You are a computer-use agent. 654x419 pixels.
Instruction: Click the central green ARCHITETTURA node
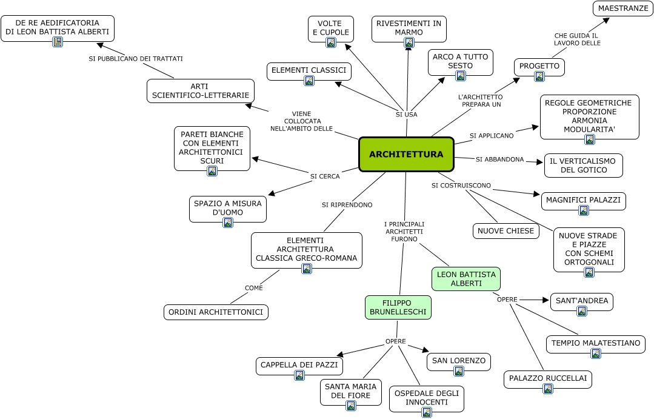click(x=406, y=154)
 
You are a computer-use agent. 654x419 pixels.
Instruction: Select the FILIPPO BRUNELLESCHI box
click(x=398, y=307)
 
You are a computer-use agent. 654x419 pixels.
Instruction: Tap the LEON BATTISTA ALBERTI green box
click(x=466, y=278)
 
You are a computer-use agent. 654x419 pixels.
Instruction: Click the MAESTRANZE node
click(x=622, y=8)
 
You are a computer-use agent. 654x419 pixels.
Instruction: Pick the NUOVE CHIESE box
click(x=506, y=231)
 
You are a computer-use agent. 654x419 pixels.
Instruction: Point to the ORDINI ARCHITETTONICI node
click(x=216, y=312)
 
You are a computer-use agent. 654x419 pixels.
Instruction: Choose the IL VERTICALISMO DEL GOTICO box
click(x=583, y=165)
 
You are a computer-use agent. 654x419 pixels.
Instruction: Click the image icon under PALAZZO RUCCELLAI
click(x=548, y=389)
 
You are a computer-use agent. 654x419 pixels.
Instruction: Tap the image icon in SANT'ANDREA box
click(x=582, y=311)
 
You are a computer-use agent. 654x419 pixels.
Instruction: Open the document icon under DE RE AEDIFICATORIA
click(x=58, y=42)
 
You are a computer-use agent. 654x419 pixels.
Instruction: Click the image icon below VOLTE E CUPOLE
click(x=331, y=42)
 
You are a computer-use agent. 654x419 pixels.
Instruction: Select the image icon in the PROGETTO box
click(x=539, y=76)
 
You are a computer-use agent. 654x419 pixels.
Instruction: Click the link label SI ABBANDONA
click(x=499, y=159)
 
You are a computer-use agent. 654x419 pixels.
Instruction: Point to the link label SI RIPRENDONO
click(x=347, y=205)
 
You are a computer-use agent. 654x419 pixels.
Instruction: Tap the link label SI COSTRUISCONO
click(x=461, y=185)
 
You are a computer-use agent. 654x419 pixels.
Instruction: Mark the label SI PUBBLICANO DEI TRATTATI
click(x=135, y=59)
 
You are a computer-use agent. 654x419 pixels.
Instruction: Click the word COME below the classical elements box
click(x=254, y=288)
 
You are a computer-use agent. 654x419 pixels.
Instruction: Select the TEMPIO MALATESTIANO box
click(x=595, y=344)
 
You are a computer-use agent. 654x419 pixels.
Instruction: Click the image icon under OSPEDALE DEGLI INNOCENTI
click(x=427, y=412)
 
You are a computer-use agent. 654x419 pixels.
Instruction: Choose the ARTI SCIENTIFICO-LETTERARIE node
click(x=200, y=91)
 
